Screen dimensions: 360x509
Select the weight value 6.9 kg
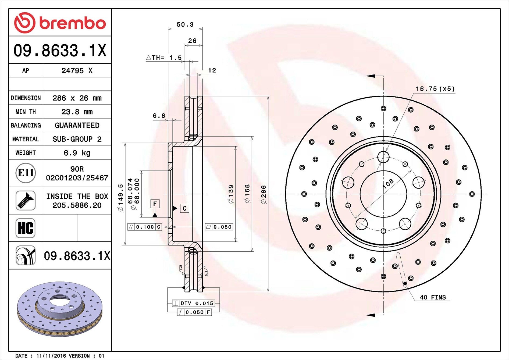(x=77, y=153)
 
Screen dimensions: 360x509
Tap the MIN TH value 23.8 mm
(x=77, y=112)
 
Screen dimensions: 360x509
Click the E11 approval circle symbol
(x=26, y=173)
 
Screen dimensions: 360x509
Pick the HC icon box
(x=26, y=228)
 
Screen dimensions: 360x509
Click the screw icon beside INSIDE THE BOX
(x=26, y=201)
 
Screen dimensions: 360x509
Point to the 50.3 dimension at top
(x=185, y=25)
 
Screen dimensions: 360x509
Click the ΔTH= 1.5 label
(x=164, y=58)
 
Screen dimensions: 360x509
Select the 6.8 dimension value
(x=159, y=116)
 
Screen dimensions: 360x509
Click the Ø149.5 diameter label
(x=121, y=198)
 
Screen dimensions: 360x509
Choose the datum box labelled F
(x=155, y=204)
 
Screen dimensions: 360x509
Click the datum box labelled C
(x=184, y=208)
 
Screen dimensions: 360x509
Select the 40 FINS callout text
(x=433, y=297)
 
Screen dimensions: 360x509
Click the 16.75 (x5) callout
(x=435, y=89)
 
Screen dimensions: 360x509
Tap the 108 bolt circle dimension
(x=388, y=183)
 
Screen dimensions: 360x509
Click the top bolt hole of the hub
(x=383, y=157)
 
